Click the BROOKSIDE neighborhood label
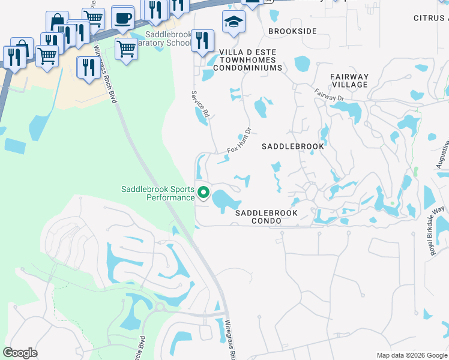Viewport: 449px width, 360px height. pos(292,31)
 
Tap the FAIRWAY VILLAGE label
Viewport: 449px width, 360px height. pos(349,81)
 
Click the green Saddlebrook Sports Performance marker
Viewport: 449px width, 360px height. pos(203,193)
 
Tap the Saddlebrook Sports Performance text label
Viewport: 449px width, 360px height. pos(158,193)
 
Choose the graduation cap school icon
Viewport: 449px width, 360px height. pos(234,22)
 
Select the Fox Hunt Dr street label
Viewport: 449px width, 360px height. pos(238,142)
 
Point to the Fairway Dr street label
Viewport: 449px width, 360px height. pos(328,94)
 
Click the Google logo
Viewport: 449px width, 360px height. pos(20,353)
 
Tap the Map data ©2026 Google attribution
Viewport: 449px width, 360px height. pos(411,355)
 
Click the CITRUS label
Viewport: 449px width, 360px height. pos(430,18)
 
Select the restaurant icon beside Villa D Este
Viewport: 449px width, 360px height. pos(202,41)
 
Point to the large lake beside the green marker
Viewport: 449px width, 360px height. pos(226,199)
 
